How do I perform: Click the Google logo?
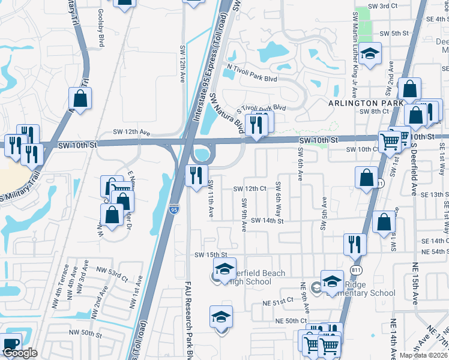coord(20,353)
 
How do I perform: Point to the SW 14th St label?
coord(267,221)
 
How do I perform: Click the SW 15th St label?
coord(210,255)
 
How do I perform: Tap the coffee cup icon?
coord(11,345)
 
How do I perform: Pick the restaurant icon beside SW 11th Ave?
coord(196,175)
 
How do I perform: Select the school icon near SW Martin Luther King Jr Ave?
coord(370,53)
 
